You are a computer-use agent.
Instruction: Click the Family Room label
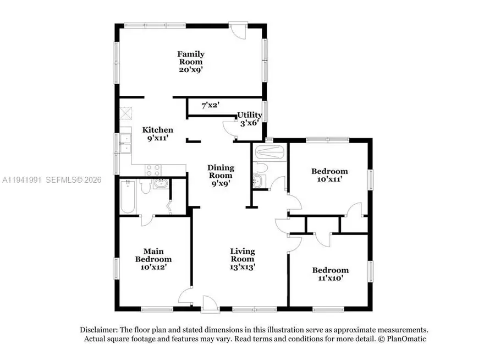click(x=191, y=58)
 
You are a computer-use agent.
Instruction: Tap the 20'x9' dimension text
click(x=191, y=70)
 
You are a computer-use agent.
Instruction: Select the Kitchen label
click(x=158, y=130)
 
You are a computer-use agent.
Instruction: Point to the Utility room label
click(x=250, y=115)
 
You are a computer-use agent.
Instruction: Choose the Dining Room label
click(x=221, y=172)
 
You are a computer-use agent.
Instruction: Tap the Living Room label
click(x=242, y=255)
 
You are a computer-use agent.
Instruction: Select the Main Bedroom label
click(x=153, y=255)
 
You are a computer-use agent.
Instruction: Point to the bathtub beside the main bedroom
click(x=126, y=197)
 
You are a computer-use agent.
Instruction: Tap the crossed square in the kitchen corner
click(x=126, y=113)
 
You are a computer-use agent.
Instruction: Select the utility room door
click(x=229, y=128)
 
